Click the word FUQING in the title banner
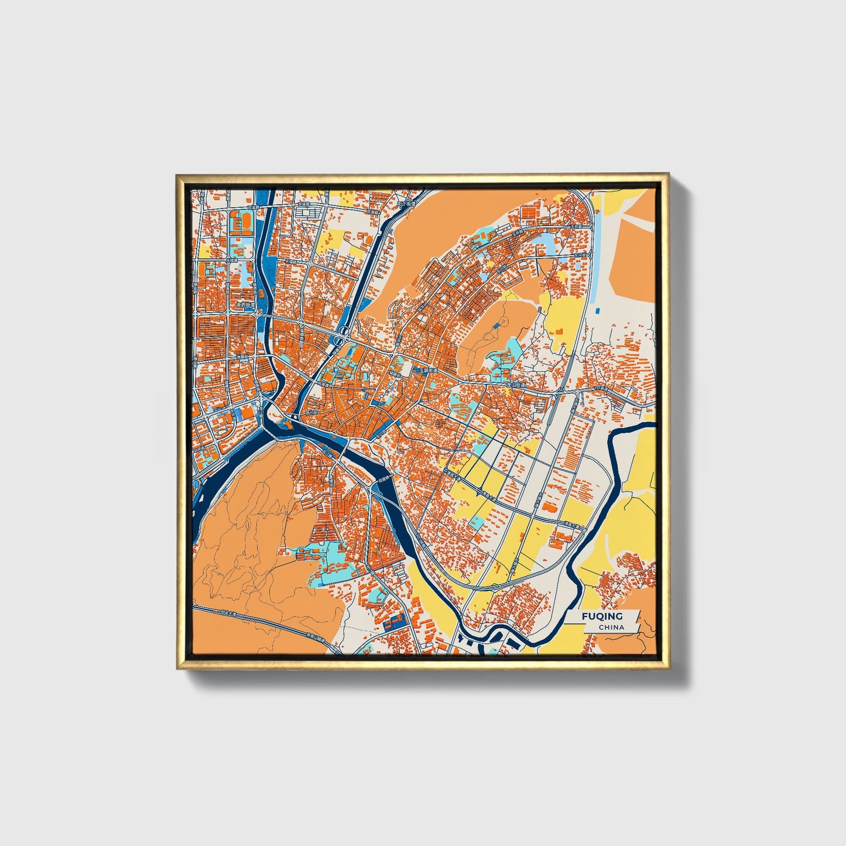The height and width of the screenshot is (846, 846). coord(602,616)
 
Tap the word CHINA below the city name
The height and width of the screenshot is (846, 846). coord(611,627)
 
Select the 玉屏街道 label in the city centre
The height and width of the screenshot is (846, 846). coord(427,371)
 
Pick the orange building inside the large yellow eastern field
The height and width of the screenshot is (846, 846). coord(557,332)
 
